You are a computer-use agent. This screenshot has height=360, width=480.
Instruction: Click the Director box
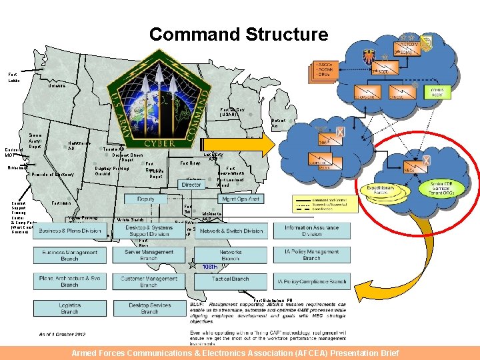click(192, 184)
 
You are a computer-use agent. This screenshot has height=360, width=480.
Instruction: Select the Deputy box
click(145, 199)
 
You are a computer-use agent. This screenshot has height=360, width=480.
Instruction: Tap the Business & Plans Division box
click(70, 231)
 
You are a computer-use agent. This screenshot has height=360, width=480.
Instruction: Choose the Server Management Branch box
click(149, 255)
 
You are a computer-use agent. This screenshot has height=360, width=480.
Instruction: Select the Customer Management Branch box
click(149, 281)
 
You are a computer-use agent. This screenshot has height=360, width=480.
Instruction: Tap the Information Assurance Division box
click(311, 231)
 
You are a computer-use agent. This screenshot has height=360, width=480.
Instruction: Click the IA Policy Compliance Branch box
click(311, 281)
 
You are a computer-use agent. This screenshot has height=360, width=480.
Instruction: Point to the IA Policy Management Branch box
click(311, 255)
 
